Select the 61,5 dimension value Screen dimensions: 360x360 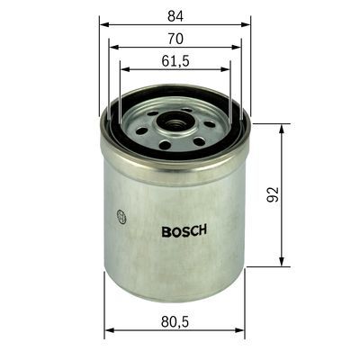coord(175,62)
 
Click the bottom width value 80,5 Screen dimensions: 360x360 coord(174,320)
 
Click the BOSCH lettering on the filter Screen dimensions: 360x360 coord(184,229)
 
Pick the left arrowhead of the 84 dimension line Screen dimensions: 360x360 coord(101,24)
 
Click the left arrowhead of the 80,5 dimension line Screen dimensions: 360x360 coord(108,330)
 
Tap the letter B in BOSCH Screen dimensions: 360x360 coord(166,229)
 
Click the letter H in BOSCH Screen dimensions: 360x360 coord(204,229)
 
